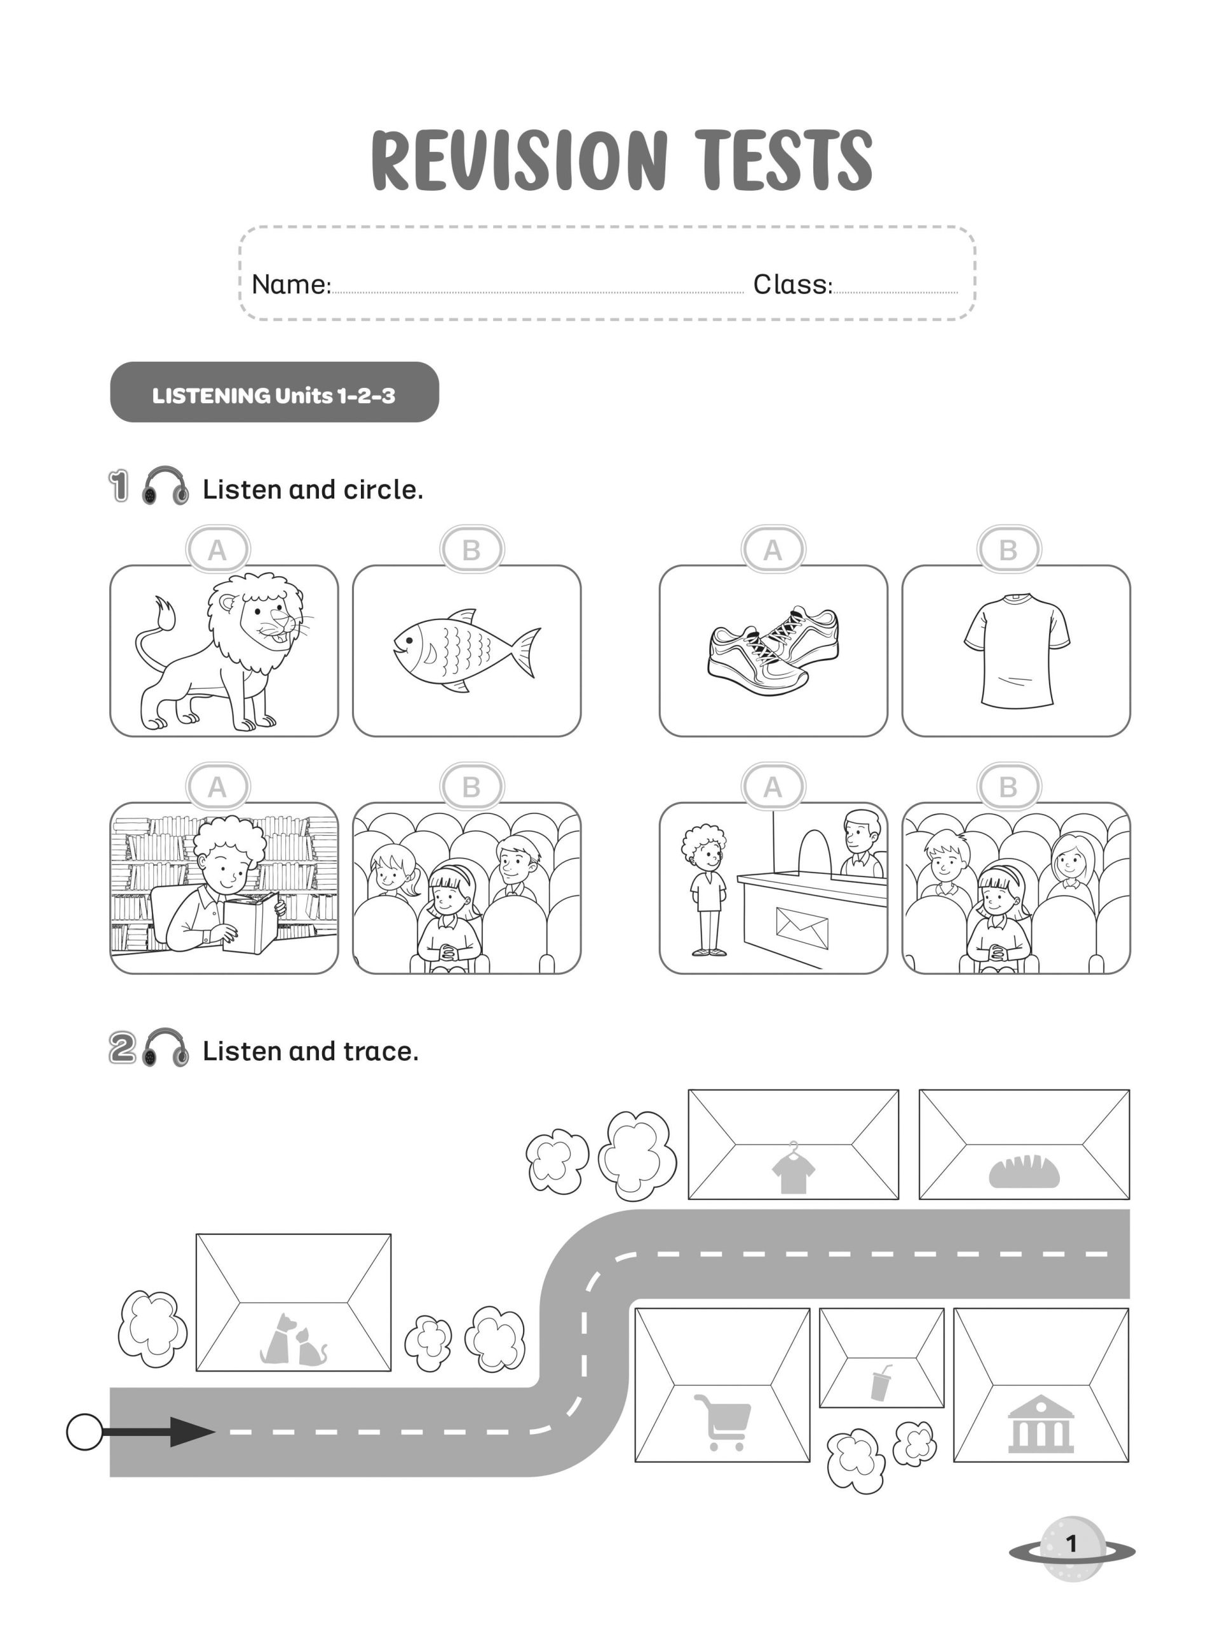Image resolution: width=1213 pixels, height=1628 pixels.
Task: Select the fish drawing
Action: point(466,650)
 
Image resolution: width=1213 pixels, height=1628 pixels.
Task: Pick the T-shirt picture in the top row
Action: point(1016,650)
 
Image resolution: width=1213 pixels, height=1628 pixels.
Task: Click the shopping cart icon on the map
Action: point(722,1421)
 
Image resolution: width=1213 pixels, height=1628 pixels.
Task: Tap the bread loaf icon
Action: point(1024,1171)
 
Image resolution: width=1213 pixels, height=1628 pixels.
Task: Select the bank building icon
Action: point(1040,1423)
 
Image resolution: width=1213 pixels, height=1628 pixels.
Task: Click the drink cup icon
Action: point(881,1382)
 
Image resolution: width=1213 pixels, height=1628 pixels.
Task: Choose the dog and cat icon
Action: point(293,1340)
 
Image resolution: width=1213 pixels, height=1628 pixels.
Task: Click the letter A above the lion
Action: point(217,549)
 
